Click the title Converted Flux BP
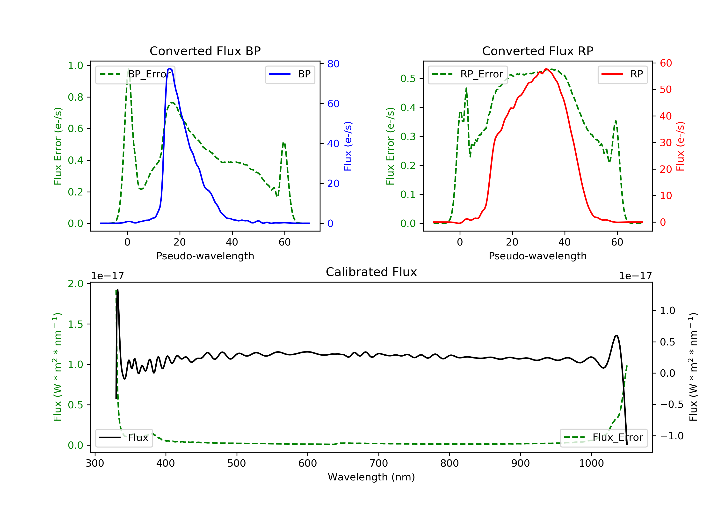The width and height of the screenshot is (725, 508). click(205, 51)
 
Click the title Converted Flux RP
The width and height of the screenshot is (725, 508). click(538, 51)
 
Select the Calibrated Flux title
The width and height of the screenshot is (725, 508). click(371, 272)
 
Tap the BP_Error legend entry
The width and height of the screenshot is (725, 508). click(135, 74)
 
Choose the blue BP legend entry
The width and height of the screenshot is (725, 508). click(290, 74)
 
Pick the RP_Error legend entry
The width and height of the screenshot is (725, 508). click(468, 74)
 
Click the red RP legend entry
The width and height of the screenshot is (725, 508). click(622, 74)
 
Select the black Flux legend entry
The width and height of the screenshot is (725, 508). click(124, 438)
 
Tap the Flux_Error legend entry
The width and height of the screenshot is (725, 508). click(603, 438)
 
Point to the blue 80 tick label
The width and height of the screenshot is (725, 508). click(333, 64)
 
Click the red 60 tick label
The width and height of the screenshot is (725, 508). click(666, 63)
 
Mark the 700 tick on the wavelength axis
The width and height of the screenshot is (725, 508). click(379, 463)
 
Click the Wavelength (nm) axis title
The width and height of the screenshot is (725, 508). click(371, 477)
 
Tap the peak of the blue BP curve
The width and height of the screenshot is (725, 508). click(170, 69)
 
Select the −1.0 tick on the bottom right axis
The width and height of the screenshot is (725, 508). click(672, 436)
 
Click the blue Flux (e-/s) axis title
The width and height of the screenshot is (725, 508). click(348, 146)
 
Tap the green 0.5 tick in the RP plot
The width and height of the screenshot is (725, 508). click(408, 78)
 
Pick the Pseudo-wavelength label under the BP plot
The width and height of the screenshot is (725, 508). click(205, 256)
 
